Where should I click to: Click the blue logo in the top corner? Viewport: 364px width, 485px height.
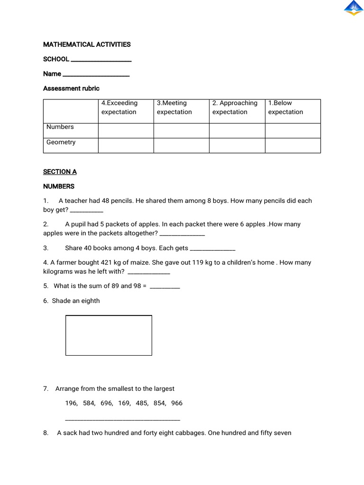353,9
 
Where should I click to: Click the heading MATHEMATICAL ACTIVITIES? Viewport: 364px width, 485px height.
87,45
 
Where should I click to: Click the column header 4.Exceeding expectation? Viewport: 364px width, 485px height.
119,108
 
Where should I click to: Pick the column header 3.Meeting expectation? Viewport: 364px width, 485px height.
174,108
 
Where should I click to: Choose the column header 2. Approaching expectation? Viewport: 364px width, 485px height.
235,108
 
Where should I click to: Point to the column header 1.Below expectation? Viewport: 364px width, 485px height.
286,108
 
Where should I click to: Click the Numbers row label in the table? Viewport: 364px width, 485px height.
60,127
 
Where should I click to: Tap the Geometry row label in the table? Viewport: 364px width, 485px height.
61,143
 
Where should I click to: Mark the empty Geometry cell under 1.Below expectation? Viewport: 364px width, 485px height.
292,145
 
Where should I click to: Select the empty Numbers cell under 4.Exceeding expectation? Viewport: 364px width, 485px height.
126,130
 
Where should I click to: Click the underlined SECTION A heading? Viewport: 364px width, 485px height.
60,171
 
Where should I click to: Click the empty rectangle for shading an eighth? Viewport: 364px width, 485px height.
109,335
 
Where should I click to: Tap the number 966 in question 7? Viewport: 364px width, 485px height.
176,403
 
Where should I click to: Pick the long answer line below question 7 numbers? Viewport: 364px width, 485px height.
122,419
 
